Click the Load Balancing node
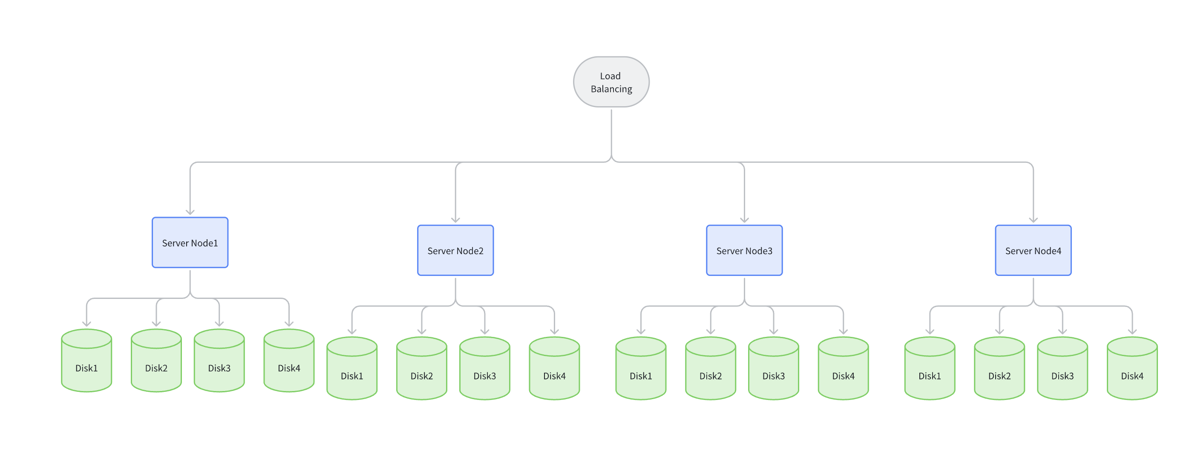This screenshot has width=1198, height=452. [x=611, y=82]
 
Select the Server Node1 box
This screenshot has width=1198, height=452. [x=190, y=243]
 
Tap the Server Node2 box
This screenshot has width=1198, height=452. [x=455, y=250]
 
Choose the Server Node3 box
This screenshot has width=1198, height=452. [x=744, y=250]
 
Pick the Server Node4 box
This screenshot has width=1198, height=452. [x=1033, y=250]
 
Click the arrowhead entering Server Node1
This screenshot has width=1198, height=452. [x=190, y=212]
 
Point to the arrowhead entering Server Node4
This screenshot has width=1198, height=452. [x=1033, y=220]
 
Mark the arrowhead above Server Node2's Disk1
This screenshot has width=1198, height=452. [x=352, y=331]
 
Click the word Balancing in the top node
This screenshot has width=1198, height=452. [x=611, y=89]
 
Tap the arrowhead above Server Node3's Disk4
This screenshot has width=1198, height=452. [x=843, y=331]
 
